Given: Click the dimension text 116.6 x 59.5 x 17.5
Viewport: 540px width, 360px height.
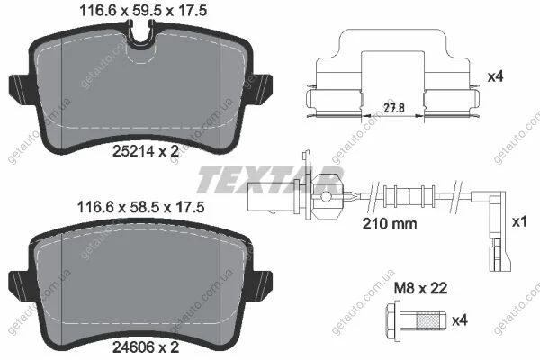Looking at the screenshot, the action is pyautogui.click(x=143, y=11).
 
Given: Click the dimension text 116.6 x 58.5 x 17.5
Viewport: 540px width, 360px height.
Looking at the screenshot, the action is pyautogui.click(x=141, y=207).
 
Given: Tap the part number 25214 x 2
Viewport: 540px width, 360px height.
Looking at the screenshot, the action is pyautogui.click(x=146, y=151).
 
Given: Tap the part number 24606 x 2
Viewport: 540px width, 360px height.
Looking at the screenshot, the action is pyautogui.click(x=146, y=347).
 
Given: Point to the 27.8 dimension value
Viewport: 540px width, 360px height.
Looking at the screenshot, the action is pyautogui.click(x=394, y=108).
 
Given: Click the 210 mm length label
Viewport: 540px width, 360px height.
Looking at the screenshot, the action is pyautogui.click(x=390, y=224).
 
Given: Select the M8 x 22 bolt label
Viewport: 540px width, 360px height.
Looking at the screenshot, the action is pyautogui.click(x=420, y=288).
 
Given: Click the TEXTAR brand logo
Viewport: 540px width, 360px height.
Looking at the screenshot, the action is pyautogui.click(x=270, y=180).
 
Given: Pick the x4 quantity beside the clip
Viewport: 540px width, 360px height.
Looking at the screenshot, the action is pyautogui.click(x=496, y=76).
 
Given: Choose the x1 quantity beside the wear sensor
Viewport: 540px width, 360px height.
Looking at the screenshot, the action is pyautogui.click(x=519, y=222).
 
